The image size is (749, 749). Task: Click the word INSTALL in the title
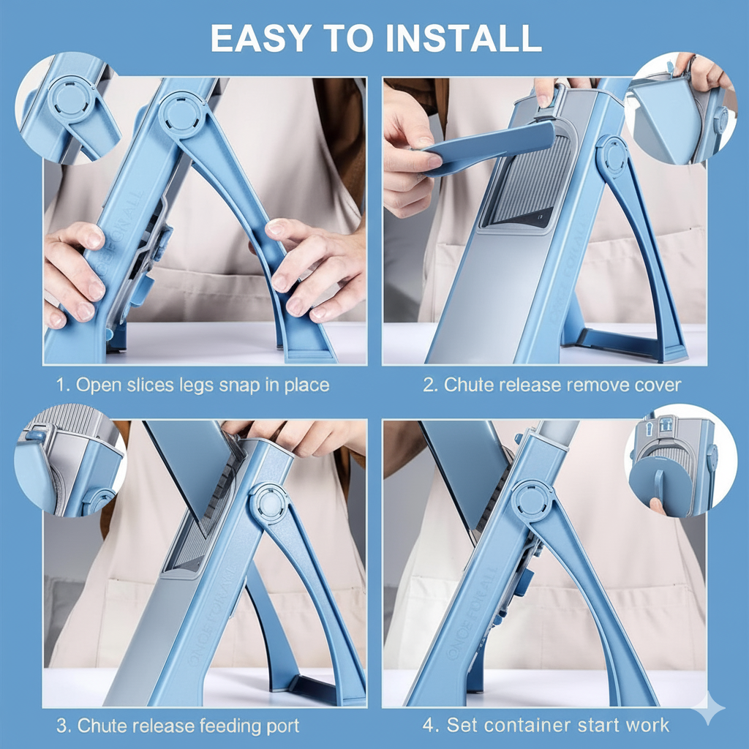coord(464,38)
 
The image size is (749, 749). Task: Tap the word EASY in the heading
coord(261,38)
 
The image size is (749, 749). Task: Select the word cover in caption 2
coord(658,385)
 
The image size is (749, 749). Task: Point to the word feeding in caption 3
coord(227,726)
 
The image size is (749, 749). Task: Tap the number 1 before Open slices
coord(61,385)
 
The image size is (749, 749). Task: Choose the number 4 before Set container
coord(429,725)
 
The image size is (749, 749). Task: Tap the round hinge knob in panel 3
coord(269,503)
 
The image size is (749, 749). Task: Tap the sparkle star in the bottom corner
coord(707,708)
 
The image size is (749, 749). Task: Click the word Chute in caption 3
coord(99,726)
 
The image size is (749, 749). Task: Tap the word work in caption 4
coord(647,725)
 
